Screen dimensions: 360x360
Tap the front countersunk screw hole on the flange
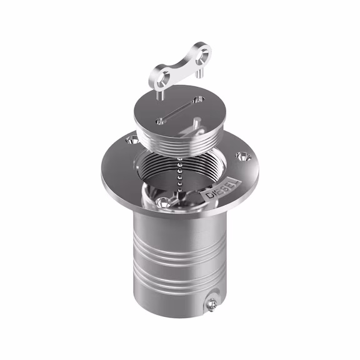click(x=163, y=202)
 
